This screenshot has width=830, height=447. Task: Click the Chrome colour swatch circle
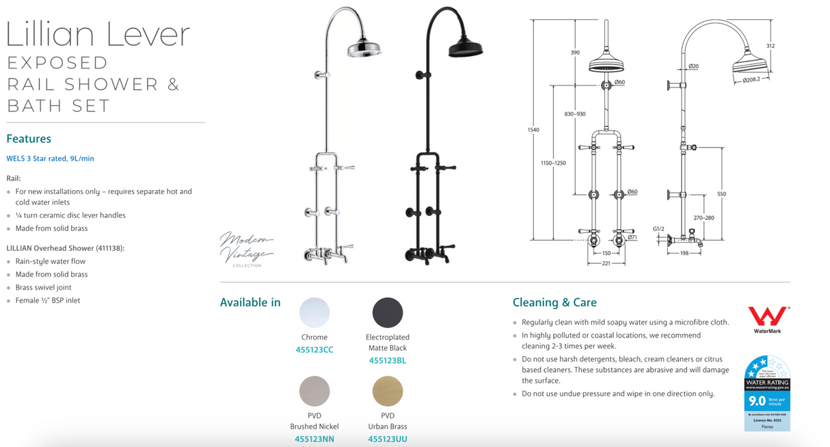[x=314, y=313]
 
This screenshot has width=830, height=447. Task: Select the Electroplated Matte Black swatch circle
[x=388, y=313]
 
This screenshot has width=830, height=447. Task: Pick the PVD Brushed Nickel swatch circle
[x=314, y=392]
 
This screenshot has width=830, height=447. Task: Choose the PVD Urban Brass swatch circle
[x=388, y=392]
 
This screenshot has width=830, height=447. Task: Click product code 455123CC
[x=314, y=350]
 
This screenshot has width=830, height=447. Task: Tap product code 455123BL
[x=388, y=360]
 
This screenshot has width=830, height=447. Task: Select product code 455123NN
[x=314, y=439]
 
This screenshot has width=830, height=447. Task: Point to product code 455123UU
[x=388, y=439]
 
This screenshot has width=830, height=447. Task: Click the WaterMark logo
[x=767, y=319]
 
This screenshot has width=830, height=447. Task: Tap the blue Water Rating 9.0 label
[x=767, y=393]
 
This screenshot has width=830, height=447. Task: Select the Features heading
[x=29, y=139]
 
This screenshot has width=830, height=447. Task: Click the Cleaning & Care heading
[x=554, y=303]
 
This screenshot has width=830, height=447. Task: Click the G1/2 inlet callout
[x=658, y=229]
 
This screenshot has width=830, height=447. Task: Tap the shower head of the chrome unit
[x=364, y=49]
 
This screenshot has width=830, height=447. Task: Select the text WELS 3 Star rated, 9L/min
[x=51, y=159]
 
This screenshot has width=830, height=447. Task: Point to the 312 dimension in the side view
[x=771, y=46]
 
